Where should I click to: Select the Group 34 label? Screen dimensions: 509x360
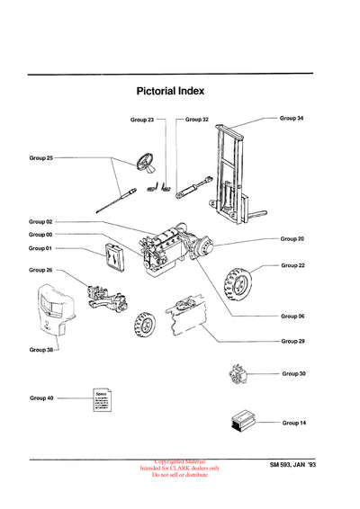click(292, 118)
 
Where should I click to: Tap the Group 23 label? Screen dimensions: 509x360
click(142, 119)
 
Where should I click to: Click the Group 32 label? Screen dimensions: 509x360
click(197, 119)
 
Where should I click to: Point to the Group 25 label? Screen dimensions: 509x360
click(41, 158)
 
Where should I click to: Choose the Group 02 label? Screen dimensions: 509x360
click(41, 221)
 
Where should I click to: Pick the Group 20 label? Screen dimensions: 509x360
click(292, 238)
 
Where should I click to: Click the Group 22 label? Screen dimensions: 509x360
click(293, 265)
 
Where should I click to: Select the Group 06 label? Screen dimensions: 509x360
click(292, 316)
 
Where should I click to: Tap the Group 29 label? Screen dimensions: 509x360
click(292, 341)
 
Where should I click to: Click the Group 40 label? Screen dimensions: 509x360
click(41, 397)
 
